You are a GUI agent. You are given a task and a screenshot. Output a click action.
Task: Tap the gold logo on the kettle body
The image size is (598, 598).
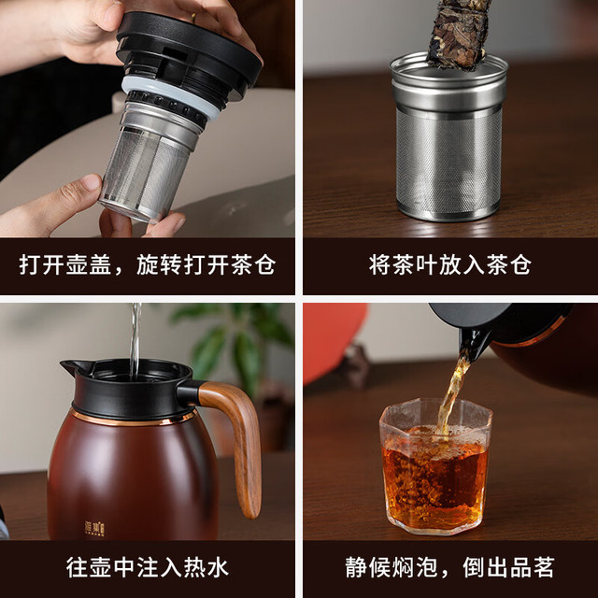[x=94, y=529]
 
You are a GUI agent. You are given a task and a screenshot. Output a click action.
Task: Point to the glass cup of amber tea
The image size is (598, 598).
[x=435, y=466]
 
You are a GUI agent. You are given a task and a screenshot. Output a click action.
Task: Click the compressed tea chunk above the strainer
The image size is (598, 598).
[x=459, y=35]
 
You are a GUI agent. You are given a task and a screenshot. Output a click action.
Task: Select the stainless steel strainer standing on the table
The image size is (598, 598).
[x=448, y=136]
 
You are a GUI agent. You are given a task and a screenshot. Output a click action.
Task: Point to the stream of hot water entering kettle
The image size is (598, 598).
[x=135, y=341]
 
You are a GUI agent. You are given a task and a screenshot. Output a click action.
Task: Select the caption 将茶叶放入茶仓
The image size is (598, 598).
[x=450, y=265]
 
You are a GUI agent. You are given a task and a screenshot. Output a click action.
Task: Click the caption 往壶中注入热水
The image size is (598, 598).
[x=148, y=568]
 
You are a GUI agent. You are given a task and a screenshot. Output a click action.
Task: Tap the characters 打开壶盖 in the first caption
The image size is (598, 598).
[x=65, y=264]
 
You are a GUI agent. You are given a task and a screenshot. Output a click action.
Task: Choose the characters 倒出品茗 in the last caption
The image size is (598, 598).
[x=508, y=568]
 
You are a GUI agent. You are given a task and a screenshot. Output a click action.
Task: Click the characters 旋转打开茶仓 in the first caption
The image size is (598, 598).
[x=206, y=264]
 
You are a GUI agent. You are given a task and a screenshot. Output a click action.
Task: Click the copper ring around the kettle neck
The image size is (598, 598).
[x=133, y=420]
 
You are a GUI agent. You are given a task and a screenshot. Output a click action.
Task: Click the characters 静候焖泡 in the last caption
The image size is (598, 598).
[x=391, y=568]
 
